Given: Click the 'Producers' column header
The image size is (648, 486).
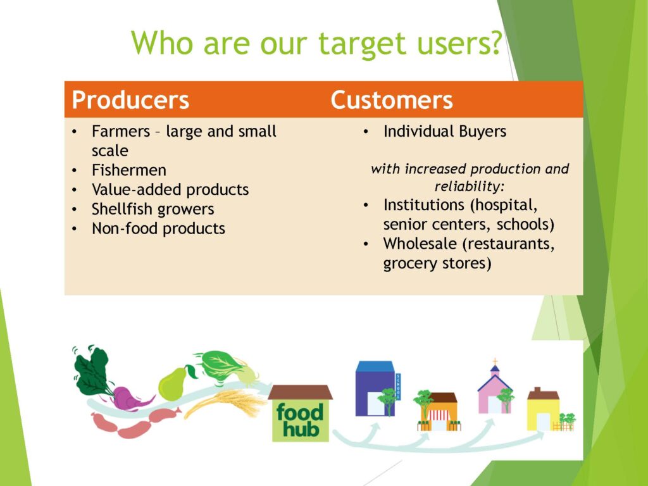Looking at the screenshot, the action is (130, 100).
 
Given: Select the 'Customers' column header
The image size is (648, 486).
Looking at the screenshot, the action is (391, 100).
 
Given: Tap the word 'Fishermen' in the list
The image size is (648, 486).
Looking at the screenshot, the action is (129, 170).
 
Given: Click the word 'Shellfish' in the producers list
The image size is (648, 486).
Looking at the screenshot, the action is (121, 209).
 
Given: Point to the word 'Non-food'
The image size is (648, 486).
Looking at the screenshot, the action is (123, 228).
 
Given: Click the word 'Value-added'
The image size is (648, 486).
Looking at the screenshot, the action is (136, 189).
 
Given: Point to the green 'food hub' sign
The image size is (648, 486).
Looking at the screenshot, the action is (301, 420).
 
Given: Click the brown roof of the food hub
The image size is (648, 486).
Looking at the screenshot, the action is (301, 392).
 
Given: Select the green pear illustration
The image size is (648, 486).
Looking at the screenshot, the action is (173, 383).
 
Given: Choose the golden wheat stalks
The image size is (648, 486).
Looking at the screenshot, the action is (225, 402).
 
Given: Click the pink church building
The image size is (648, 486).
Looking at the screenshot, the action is (495, 390).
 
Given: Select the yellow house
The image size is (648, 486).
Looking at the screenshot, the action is (544, 410).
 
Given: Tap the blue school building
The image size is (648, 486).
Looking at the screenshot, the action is (375, 389).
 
